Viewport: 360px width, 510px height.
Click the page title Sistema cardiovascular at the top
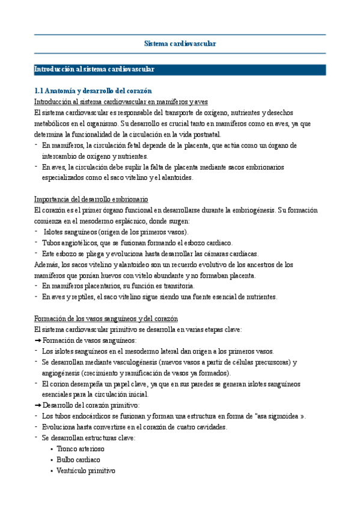click(180, 44)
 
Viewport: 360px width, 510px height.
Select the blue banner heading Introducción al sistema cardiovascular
click(94, 70)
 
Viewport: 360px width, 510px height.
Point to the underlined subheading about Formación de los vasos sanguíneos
click(105, 318)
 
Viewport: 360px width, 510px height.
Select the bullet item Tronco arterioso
click(80, 449)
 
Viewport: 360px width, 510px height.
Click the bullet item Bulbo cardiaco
click(78, 459)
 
